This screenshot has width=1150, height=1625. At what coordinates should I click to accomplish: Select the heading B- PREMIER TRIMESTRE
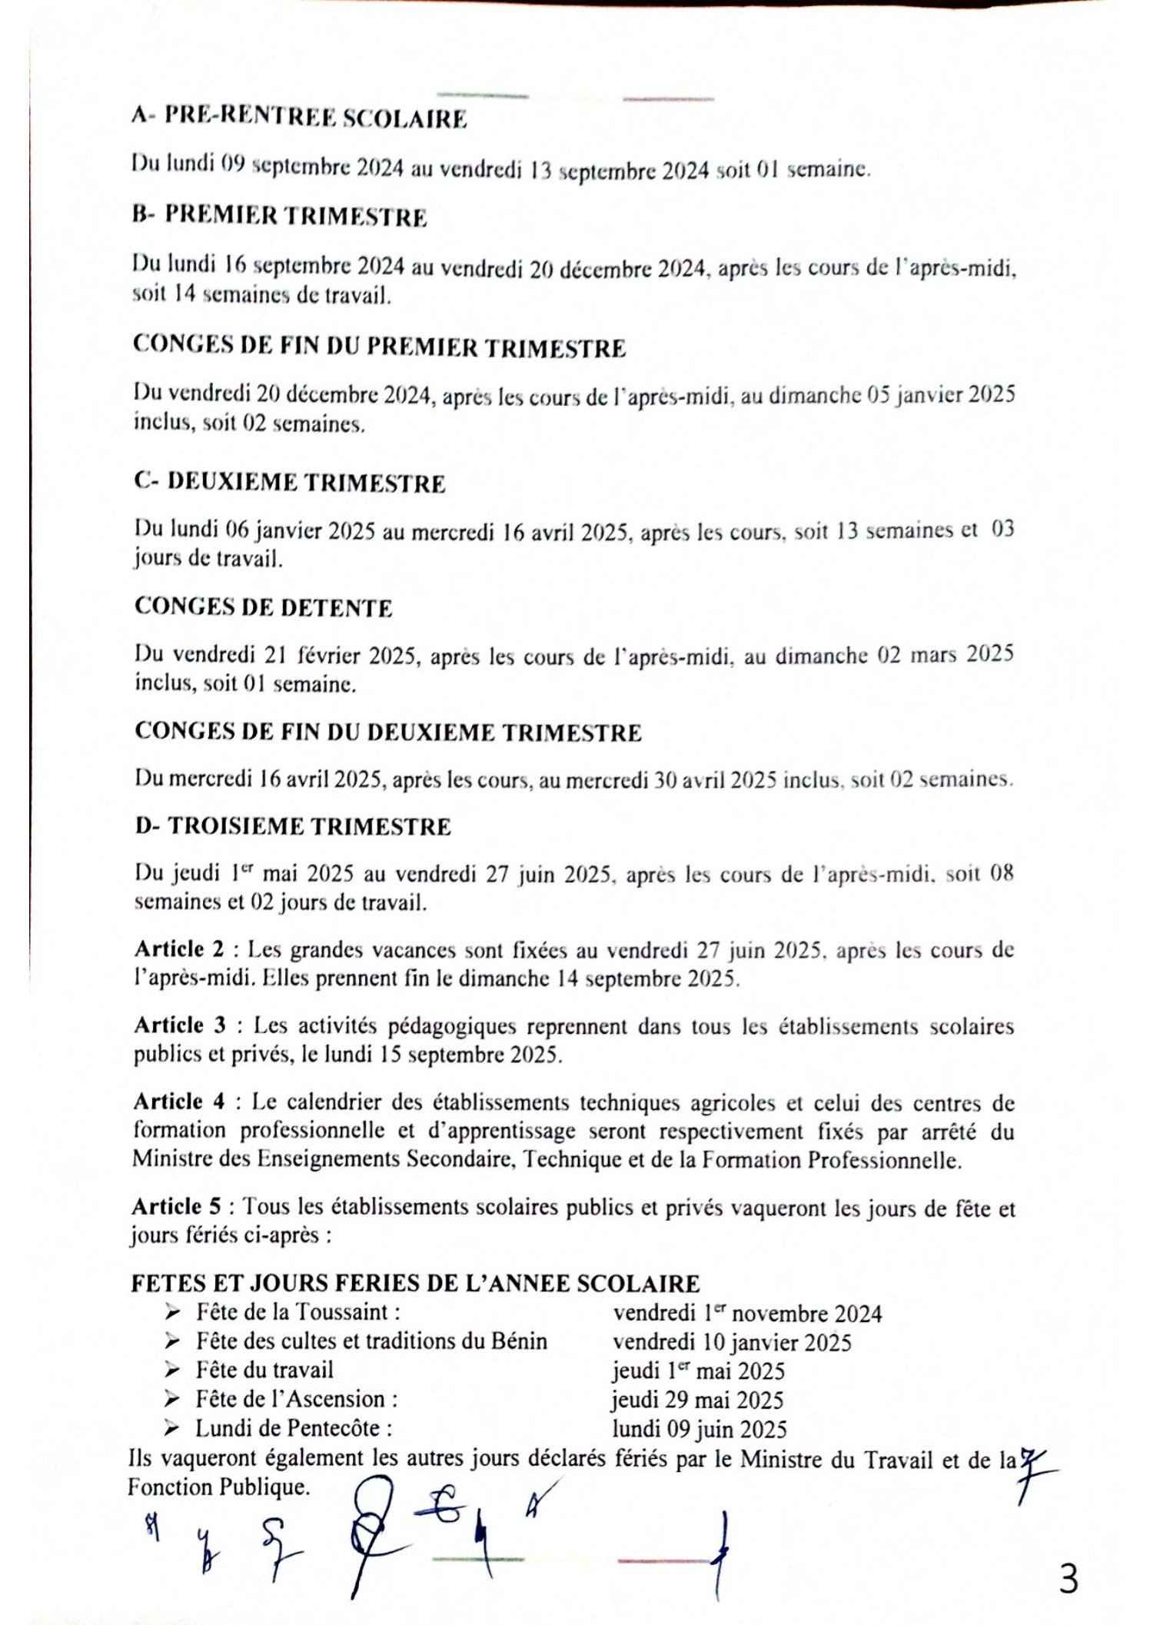(x=280, y=217)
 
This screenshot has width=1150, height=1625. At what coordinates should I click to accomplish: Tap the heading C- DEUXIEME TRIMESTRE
(x=290, y=483)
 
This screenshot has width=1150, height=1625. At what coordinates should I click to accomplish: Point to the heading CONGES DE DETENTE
(x=264, y=607)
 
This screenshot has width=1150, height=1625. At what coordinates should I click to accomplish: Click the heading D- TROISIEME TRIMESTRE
(x=293, y=826)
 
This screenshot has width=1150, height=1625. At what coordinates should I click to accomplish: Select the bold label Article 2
(x=179, y=949)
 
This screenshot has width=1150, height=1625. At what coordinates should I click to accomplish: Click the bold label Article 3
(x=180, y=1025)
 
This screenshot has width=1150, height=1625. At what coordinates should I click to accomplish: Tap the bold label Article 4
(x=179, y=1102)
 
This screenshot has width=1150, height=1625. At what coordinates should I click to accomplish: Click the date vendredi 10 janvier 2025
(x=732, y=1342)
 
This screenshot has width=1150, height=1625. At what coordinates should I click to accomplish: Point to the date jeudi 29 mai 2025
(x=697, y=1400)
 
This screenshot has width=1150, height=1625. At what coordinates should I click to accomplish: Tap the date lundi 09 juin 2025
(x=700, y=1429)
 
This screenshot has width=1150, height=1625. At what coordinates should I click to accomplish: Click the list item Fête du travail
(x=264, y=1370)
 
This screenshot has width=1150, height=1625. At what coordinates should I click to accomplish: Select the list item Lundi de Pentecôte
(x=294, y=1428)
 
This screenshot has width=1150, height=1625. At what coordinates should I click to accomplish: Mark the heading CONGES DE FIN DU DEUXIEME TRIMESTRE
(x=387, y=732)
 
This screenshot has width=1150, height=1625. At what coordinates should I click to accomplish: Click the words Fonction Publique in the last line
(x=218, y=1487)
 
